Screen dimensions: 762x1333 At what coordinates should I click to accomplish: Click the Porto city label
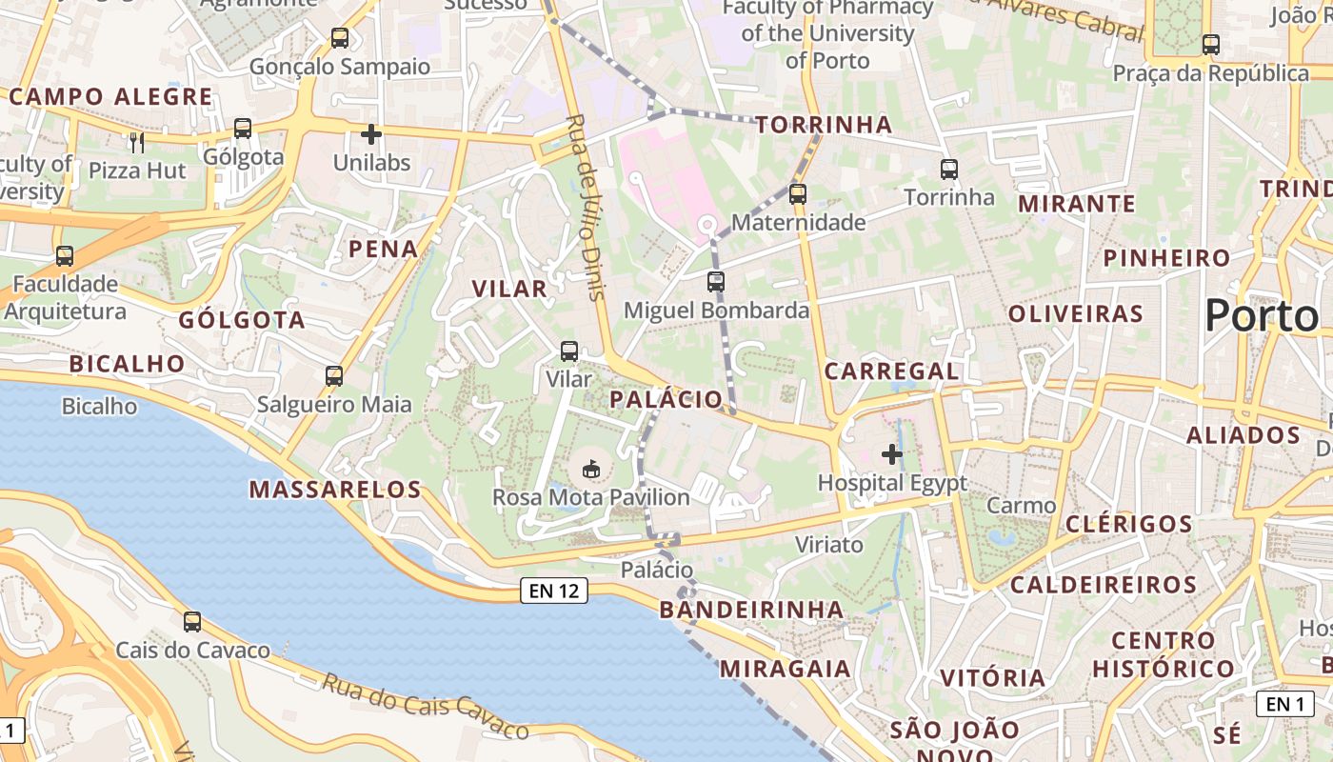(x=1262, y=315)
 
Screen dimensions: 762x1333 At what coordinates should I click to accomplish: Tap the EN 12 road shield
(x=554, y=591)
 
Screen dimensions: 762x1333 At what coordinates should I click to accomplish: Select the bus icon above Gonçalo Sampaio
(x=340, y=38)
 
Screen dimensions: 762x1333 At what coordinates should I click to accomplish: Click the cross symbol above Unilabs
(x=371, y=135)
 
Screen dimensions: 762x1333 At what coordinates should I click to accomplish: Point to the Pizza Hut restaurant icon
(x=137, y=143)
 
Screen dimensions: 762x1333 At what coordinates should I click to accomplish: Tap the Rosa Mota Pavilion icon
(x=591, y=469)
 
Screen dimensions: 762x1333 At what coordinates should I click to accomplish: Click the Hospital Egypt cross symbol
(x=892, y=454)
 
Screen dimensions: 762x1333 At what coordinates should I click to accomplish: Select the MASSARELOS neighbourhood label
(x=335, y=490)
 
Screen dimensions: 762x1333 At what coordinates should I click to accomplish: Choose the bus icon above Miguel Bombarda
(x=716, y=282)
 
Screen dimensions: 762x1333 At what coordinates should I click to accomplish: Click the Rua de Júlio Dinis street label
(x=586, y=208)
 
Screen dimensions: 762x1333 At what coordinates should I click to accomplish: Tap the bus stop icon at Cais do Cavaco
(x=192, y=622)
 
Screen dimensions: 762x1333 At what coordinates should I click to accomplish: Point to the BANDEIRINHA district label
(x=751, y=610)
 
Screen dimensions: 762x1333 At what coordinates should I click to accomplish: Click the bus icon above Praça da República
(x=1211, y=44)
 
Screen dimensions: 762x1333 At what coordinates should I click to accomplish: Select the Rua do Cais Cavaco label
(x=425, y=706)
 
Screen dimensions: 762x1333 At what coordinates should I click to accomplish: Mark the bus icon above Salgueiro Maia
(x=334, y=376)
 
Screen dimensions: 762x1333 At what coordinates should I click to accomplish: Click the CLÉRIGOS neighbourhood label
(x=1128, y=524)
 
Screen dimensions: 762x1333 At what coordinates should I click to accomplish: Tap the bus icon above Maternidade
(x=798, y=194)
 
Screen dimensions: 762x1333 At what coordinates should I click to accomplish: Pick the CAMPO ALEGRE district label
(x=111, y=96)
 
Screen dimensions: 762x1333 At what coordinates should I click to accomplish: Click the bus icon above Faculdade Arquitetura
(x=65, y=256)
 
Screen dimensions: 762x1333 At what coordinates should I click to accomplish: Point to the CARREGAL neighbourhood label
(x=891, y=371)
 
